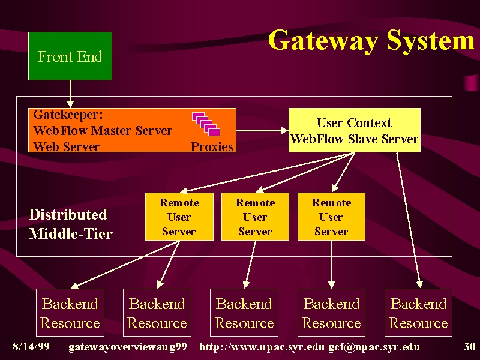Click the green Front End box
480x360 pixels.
pyautogui.click(x=70, y=56)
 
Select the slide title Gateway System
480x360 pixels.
pyautogui.click(x=371, y=41)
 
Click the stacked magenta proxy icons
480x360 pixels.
pyautogui.click(x=206, y=124)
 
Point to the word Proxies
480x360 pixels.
pyautogui.click(x=212, y=146)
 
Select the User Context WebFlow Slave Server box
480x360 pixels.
pyautogui.click(x=355, y=130)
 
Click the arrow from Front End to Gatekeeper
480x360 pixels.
pyautogui.click(x=70, y=94)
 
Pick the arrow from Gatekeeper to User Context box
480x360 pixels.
pyautogui.click(x=262, y=130)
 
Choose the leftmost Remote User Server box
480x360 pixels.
pyautogui.click(x=179, y=217)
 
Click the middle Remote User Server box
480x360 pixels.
pyautogui.click(x=255, y=217)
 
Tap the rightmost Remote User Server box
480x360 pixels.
pyautogui.click(x=331, y=217)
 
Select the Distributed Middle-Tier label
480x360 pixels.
pyautogui.click(x=71, y=224)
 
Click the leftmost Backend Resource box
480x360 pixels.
pyautogui.click(x=70, y=313)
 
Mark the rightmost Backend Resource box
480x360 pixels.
pyautogui.click(x=418, y=313)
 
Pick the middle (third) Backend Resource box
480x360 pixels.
pyautogui.click(x=244, y=313)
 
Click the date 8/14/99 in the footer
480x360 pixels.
pyautogui.click(x=31, y=347)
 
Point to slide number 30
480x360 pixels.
pyautogui.click(x=470, y=347)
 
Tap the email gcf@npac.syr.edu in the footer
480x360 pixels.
pyautogui.click(x=374, y=347)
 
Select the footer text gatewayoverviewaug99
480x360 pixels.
pyautogui.click(x=128, y=347)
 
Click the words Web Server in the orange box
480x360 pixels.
pyautogui.click(x=67, y=146)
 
